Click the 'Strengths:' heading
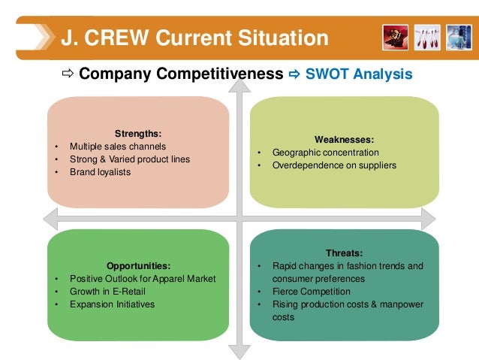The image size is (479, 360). [137, 134]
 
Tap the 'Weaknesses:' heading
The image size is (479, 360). [343, 139]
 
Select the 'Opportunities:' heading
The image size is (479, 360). [138, 266]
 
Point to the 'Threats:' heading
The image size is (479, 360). [344, 253]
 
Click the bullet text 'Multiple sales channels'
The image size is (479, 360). [118, 147]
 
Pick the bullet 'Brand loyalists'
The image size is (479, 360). [100, 172]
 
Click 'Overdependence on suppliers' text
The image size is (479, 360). [334, 165]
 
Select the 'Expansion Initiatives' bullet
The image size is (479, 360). [112, 304]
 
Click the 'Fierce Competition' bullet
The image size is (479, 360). [312, 292]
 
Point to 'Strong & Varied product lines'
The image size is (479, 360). [130, 159]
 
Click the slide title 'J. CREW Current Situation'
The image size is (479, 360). [194, 38]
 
